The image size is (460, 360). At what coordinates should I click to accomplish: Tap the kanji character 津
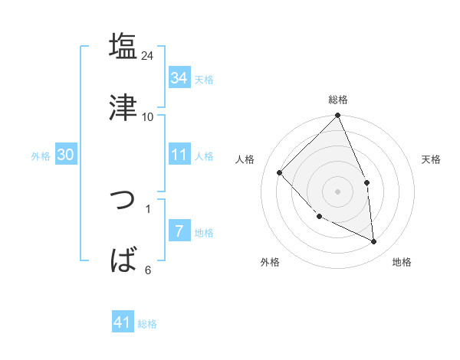123,107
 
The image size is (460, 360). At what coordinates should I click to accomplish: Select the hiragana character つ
123,201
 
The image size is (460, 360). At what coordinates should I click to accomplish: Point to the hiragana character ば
123,260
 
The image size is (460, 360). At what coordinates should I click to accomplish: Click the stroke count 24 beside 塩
148,56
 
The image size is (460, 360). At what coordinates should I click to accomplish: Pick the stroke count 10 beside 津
148,116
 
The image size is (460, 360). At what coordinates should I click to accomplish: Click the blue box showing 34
179,78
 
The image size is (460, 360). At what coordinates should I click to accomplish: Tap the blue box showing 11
179,155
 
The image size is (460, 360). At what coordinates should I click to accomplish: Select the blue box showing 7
179,231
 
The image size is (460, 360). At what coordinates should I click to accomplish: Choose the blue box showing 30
65,155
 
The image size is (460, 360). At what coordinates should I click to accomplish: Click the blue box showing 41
123,322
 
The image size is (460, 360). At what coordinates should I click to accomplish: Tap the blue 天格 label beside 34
204,80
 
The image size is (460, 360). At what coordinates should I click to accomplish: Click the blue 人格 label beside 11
204,156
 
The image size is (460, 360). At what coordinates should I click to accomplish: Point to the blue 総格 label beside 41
147,324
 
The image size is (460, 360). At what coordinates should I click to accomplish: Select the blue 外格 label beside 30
41,156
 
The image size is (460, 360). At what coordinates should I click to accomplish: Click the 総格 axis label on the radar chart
338,100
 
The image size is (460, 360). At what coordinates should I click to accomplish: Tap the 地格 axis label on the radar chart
402,262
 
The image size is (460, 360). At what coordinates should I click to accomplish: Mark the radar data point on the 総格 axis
338,116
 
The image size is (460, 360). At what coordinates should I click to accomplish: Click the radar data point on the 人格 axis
280,172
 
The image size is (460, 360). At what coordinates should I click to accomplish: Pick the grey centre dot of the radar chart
338,191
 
